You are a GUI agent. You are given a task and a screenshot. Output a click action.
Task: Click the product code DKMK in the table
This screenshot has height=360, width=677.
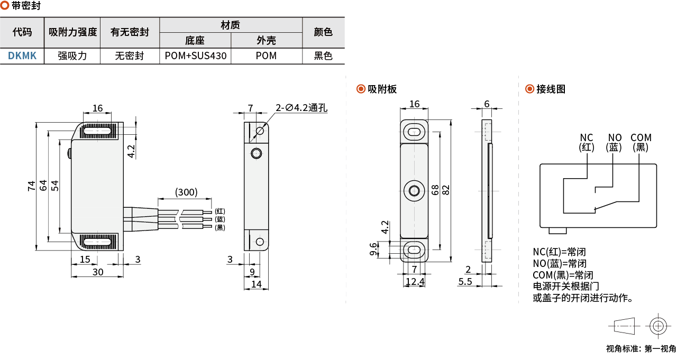[22, 56]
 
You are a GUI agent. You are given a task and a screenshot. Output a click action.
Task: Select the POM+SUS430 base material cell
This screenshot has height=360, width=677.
[195, 56]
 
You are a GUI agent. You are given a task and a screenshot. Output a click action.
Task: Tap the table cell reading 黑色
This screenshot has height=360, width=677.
[323, 56]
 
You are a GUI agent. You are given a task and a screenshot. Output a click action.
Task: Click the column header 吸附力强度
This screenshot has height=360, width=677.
[72, 32]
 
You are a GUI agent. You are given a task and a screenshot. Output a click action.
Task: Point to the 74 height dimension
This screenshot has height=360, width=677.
[31, 186]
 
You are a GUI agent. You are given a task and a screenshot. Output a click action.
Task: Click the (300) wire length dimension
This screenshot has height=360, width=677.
[186, 192]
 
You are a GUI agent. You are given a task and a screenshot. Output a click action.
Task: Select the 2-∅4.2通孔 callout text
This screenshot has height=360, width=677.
[301, 108]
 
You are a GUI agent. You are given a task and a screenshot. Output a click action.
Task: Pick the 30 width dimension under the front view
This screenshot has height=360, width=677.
[98, 272]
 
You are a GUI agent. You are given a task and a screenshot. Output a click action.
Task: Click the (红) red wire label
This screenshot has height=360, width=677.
[220, 211]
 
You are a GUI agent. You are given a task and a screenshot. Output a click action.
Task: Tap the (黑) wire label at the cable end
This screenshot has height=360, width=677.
[220, 228]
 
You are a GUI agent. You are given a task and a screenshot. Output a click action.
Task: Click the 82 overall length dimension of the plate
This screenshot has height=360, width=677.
[446, 189]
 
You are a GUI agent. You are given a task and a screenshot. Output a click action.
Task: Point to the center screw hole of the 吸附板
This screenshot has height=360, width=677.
[414, 191]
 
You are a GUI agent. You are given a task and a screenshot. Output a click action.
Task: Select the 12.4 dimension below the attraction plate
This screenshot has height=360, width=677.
[415, 282]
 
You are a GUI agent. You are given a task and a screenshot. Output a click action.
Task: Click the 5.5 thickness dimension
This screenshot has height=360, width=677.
[465, 282]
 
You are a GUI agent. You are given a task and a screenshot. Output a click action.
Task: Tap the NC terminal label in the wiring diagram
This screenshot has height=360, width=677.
[587, 137]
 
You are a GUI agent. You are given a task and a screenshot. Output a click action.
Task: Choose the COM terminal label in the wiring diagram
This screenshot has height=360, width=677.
[641, 137]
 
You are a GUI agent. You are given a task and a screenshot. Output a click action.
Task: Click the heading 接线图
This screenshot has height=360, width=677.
[551, 89]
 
